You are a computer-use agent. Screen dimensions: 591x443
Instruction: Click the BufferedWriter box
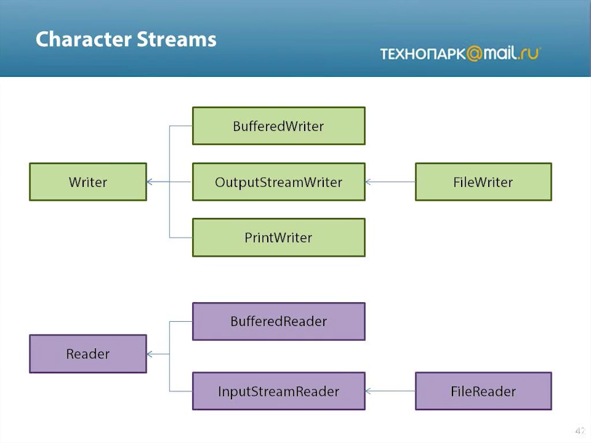coord(279,126)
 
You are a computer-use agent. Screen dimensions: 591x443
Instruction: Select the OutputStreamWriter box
coord(279,182)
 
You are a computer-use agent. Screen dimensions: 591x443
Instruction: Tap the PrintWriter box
coord(279,238)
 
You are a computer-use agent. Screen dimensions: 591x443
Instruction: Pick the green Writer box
coord(88,182)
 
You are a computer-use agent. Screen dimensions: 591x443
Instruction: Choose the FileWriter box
coord(483,182)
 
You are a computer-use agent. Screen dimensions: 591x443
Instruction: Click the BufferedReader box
coord(279,321)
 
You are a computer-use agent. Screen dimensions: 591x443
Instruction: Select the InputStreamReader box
coord(279,391)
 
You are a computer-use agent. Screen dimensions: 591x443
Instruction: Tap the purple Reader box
coord(88,354)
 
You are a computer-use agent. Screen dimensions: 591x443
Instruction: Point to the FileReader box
coord(483,391)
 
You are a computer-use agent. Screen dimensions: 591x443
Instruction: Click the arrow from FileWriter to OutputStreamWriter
coord(391,182)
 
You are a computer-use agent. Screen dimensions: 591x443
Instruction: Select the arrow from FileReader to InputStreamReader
coord(391,391)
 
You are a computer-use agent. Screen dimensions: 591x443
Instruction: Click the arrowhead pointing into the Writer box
coord(149,182)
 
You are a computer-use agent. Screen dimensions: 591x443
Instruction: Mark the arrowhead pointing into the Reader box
coord(149,354)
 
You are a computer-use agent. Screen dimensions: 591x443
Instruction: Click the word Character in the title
coord(84,39)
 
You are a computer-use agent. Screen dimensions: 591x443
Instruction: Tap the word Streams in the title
coord(177,39)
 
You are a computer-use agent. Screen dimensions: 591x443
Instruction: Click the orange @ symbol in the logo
coord(474,54)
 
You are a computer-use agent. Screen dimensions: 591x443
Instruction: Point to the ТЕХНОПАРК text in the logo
coord(423,54)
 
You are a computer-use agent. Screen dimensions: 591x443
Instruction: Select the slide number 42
coord(579,430)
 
